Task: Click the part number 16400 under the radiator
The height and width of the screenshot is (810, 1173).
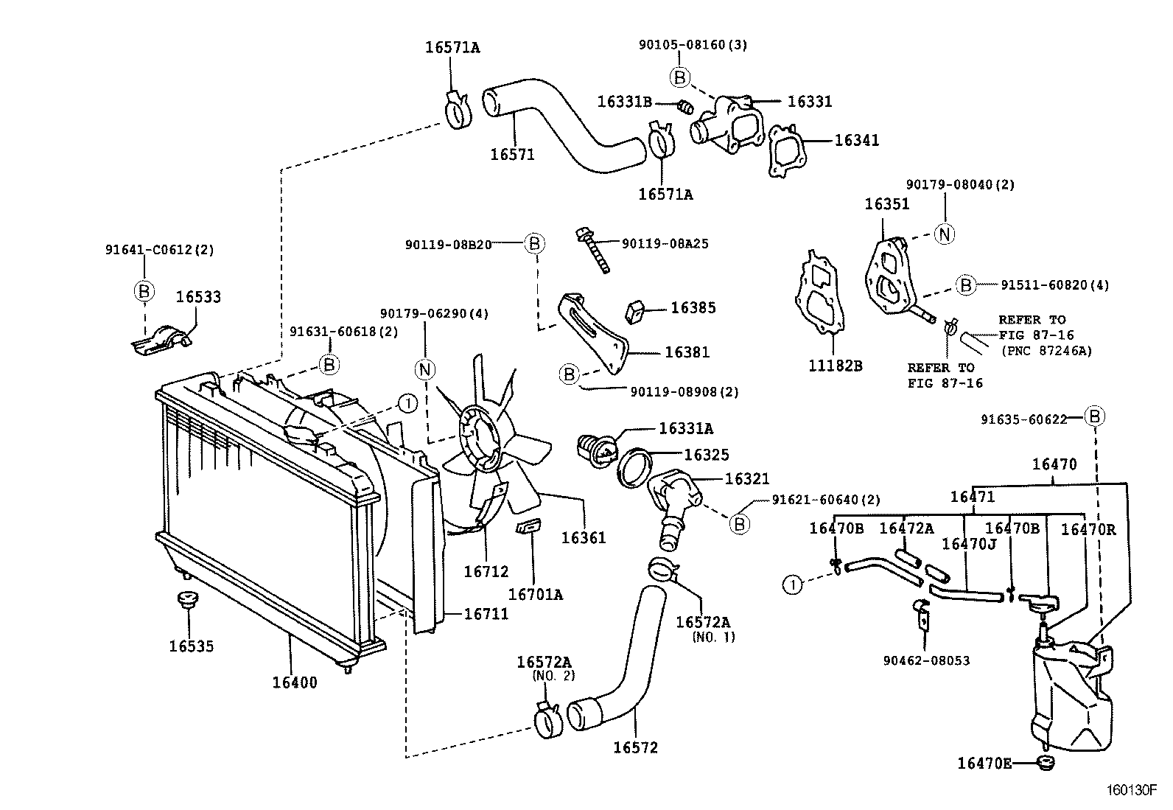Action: (295, 682)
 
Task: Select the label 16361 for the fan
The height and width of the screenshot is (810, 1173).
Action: (584, 537)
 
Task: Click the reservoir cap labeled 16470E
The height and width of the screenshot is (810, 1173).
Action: (1044, 763)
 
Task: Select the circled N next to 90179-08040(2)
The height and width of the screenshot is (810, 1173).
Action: (945, 234)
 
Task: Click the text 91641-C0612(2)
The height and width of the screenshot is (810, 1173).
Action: (159, 250)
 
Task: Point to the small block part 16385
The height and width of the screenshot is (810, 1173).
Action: (635, 312)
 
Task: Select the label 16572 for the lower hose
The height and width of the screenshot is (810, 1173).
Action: (635, 747)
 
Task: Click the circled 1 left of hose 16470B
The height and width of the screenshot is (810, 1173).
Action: (792, 585)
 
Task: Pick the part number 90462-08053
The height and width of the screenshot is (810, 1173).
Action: (927, 661)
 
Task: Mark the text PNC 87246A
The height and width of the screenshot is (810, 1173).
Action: (1046, 351)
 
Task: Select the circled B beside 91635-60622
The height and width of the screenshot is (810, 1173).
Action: (1096, 417)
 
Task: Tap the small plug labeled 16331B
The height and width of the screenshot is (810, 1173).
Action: (684, 108)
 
